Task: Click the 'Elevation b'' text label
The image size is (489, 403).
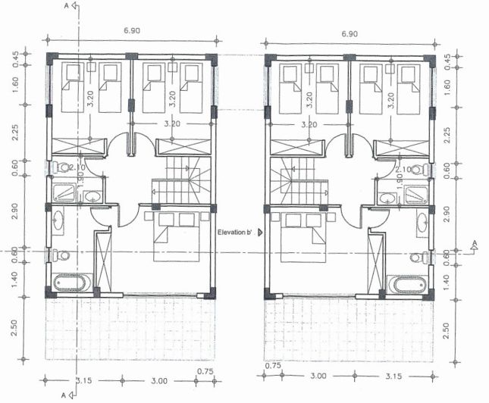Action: pyautogui.click(x=236, y=233)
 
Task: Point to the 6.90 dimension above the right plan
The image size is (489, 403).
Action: pyautogui.click(x=349, y=35)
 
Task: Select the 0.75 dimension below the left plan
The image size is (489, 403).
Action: pyautogui.click(x=205, y=370)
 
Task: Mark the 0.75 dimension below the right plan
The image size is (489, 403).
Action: pyautogui.click(x=274, y=366)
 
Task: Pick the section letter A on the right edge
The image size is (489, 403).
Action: pyautogui.click(x=475, y=244)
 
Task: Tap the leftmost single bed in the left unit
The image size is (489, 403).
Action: pyautogui.click(x=73, y=88)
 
